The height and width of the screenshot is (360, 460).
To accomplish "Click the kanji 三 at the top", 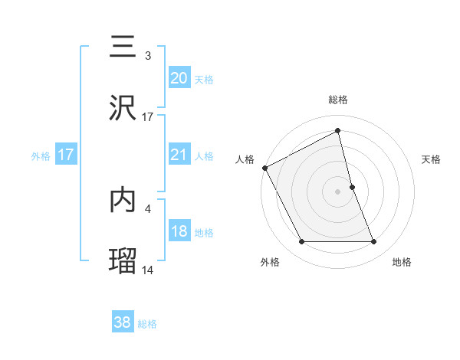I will (123, 47).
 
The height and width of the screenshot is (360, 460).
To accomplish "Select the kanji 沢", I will (123, 108).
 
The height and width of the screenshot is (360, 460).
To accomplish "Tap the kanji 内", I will (123, 200).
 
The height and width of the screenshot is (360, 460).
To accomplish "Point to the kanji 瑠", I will (123, 261).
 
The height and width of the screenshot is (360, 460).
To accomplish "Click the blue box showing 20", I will (179, 77).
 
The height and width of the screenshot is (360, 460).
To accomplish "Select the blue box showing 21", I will (179, 155).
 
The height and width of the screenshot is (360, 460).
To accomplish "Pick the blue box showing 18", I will (179, 231).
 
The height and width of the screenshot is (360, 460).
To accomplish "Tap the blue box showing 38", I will (123, 322).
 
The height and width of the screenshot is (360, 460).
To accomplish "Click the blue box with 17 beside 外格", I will (66, 155).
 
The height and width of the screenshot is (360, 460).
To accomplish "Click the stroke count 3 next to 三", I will (147, 56).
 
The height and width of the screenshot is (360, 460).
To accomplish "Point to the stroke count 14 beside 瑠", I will (147, 270).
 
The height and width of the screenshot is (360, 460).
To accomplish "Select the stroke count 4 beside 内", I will (147, 208).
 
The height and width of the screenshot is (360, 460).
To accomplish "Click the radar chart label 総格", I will (338, 100).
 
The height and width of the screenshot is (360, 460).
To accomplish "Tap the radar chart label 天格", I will (432, 159).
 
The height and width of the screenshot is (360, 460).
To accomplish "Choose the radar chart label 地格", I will (402, 262).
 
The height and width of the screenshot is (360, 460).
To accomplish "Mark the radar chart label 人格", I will (245, 159).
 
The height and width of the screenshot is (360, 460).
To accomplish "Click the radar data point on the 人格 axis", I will (264, 168).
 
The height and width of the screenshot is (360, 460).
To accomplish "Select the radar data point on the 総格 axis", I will (338, 131).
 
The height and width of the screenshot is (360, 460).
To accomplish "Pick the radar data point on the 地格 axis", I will (374, 242).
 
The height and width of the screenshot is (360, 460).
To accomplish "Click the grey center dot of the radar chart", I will (338, 191).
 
